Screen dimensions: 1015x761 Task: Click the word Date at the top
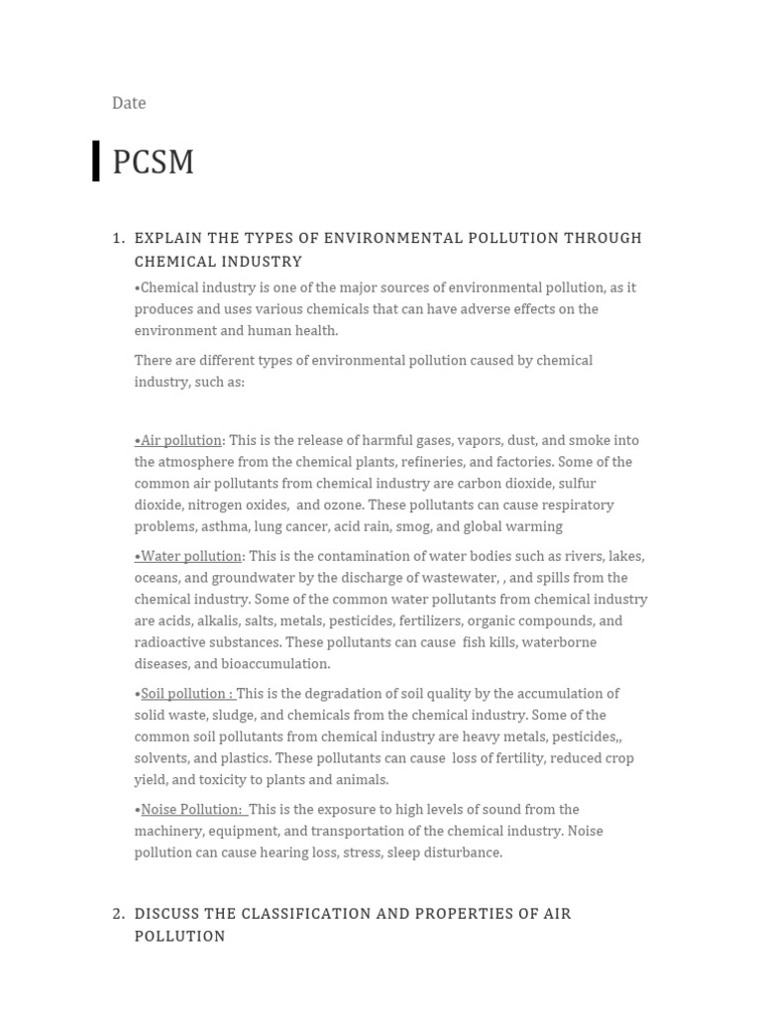(x=129, y=103)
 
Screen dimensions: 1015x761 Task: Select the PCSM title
(x=153, y=162)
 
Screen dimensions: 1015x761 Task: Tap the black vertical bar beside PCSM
(x=96, y=161)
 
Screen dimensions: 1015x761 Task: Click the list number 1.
(x=118, y=238)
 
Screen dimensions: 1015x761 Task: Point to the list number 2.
(x=118, y=913)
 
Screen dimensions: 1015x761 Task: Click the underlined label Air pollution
(x=180, y=440)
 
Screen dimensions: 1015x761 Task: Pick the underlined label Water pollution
(x=190, y=556)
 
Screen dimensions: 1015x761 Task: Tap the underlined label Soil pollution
(x=186, y=694)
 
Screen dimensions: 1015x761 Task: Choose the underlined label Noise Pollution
(x=191, y=810)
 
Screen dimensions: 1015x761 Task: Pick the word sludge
(x=239, y=716)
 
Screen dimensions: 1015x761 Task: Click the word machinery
(x=170, y=832)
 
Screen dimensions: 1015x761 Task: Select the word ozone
(x=342, y=506)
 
